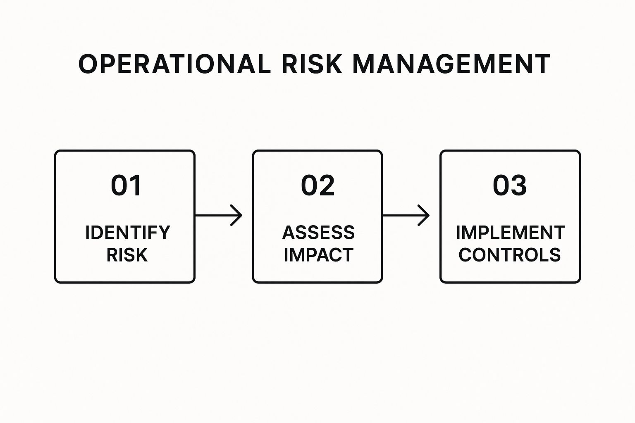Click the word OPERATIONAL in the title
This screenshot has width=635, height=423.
tap(174, 64)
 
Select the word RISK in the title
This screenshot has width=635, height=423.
tap(312, 64)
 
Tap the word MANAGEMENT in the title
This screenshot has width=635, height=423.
tap(451, 64)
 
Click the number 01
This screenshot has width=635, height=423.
tap(126, 185)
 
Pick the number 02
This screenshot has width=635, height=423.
tap(317, 185)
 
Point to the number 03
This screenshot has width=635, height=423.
tap(510, 185)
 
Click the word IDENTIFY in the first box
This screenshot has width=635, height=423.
tap(128, 233)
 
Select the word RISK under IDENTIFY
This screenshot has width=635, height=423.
tap(127, 255)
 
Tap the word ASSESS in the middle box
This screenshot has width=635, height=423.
tap(318, 233)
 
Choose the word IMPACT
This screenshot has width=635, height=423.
tap(318, 255)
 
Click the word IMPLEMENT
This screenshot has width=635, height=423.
tap(510, 233)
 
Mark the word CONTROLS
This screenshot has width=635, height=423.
tap(510, 255)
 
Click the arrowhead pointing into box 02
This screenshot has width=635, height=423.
tap(237, 215)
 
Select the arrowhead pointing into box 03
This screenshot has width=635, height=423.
tap(425, 215)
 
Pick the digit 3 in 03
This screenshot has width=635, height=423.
tap(519, 185)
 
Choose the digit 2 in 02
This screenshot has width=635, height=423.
tap(327, 185)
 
